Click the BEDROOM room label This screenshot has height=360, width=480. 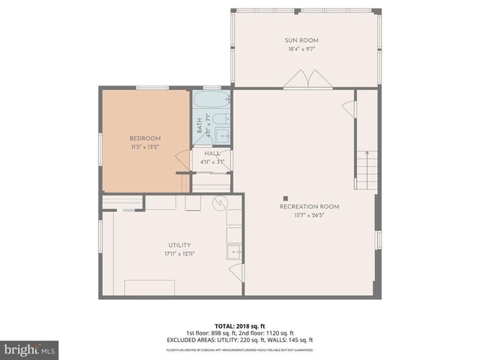145,138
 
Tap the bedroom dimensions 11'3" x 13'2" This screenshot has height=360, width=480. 145,147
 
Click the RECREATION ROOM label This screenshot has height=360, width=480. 309,206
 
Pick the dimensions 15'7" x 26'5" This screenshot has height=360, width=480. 309,215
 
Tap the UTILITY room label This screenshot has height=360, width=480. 179,244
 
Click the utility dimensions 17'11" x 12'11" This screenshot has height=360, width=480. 179,253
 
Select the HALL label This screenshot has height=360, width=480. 212,153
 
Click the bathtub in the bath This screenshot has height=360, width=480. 212,100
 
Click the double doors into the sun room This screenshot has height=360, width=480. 304,79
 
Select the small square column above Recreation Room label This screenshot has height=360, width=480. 284,197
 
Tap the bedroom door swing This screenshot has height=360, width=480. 182,160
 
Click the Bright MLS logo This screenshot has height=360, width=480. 30,349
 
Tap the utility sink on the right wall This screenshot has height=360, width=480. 233,253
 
